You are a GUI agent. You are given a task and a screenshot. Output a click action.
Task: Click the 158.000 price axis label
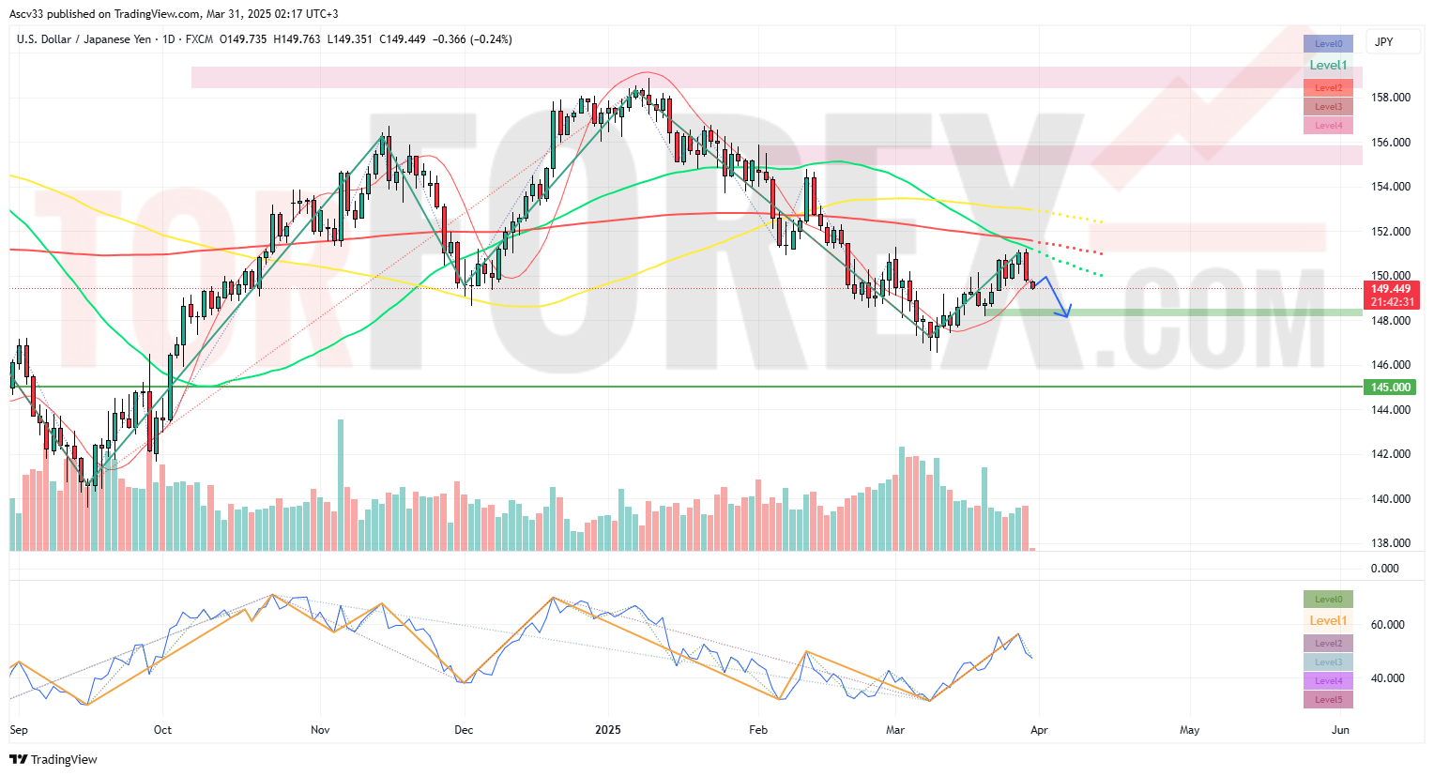(1390, 98)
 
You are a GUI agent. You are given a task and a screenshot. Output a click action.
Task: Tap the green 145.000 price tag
(1389, 388)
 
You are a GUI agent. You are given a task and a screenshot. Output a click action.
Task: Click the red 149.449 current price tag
(1391, 289)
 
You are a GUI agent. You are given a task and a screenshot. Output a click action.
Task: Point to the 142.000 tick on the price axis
(1390, 454)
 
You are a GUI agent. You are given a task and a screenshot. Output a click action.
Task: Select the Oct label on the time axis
(162, 730)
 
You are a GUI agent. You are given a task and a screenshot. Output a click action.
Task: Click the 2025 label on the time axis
(607, 730)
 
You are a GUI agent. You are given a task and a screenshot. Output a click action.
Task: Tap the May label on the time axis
(1189, 730)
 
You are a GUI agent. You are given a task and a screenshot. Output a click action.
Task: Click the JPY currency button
(1383, 42)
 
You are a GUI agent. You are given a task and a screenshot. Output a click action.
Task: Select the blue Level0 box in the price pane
(1328, 44)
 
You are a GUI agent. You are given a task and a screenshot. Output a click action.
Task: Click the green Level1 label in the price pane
(1328, 66)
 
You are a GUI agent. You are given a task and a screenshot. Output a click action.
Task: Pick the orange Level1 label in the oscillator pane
(1328, 621)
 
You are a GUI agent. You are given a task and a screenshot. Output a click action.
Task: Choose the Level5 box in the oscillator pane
(1328, 700)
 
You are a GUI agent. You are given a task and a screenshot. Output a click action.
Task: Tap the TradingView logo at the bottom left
(53, 759)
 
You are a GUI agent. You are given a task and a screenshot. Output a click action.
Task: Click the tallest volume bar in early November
(341, 484)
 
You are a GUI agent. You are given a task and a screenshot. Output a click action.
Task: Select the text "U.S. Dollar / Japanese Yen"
(84, 39)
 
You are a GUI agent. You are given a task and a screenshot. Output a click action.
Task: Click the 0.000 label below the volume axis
(1384, 569)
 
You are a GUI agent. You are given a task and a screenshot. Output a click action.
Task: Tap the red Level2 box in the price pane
(1328, 87)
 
